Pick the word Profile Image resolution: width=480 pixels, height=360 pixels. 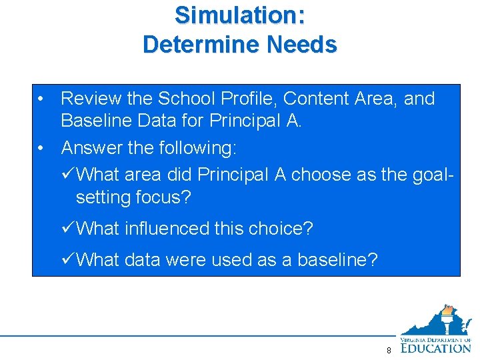pyautogui.click(x=248, y=99)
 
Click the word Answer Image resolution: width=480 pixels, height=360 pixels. pyautogui.click(x=91, y=147)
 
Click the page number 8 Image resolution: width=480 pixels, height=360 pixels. pyautogui.click(x=388, y=350)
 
